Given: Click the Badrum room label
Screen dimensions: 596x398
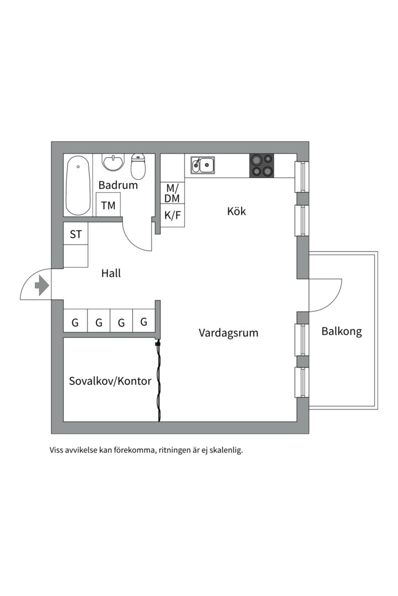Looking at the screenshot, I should pos(118,185).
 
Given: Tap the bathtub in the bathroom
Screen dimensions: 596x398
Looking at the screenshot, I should pos(78,186).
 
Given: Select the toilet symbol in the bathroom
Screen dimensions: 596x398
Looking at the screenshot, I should pos(138,167).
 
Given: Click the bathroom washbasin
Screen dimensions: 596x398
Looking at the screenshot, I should pos(114,163).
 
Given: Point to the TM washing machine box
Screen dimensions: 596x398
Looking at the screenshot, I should pos(108,205).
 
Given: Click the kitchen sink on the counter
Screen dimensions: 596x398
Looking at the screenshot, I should pos(203,164).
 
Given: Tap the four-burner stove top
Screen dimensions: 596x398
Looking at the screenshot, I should pos(261,165).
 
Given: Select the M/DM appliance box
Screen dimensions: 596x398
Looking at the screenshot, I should pos(172,193).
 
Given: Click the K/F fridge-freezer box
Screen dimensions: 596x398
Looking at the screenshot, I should pos(172,215).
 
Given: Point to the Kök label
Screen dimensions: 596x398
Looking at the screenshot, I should pos(237,211).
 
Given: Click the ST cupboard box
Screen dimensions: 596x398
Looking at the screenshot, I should pos(76,235).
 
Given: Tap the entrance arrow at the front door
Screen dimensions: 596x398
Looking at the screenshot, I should pos(41,285).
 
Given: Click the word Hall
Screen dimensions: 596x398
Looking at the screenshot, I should pos(111,273).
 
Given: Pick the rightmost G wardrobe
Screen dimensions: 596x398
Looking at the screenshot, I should pos(144,322).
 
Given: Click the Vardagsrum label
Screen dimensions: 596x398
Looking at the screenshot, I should pos(228,333).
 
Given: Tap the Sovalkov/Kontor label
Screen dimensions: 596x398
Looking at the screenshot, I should pos(110,381).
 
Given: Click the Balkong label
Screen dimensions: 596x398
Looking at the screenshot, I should pos(342,332).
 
